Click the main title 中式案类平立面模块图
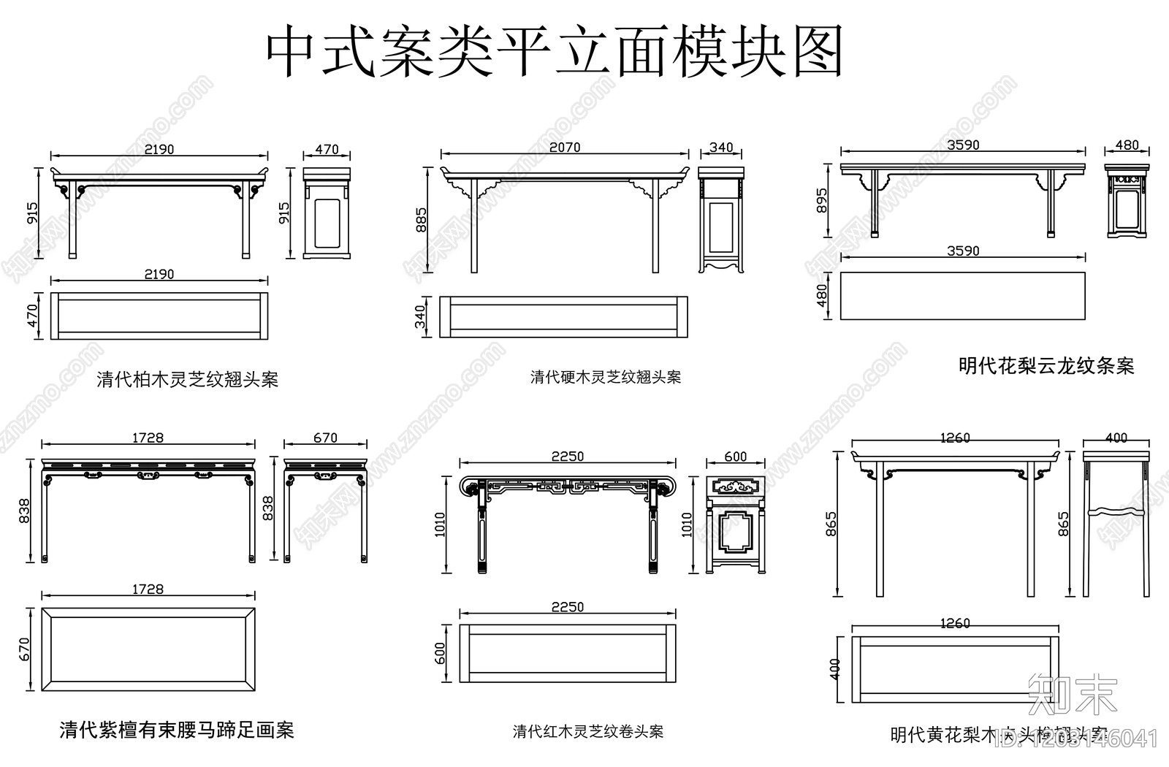point(553,53)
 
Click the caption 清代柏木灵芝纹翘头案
point(188,380)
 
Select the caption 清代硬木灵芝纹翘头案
point(605,377)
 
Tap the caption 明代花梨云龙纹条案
point(1046,365)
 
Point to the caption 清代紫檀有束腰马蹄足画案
point(176,730)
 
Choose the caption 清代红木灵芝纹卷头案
point(588,731)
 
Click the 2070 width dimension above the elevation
point(564,148)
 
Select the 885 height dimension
point(422,220)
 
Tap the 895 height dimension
point(822,201)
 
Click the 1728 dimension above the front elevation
point(148,438)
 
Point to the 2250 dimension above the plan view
point(567,607)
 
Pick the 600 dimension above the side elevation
point(735,457)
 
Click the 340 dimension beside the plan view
point(420,317)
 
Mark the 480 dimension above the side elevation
point(1127,145)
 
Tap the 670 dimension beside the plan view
point(24,649)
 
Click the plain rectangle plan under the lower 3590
point(962,296)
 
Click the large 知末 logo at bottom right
point(1072,695)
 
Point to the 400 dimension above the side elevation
point(1116,438)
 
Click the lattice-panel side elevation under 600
point(736,523)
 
